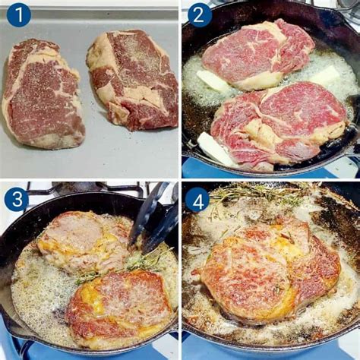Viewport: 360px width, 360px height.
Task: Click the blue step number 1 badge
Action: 18,14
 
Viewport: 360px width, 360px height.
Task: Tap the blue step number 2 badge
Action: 199,14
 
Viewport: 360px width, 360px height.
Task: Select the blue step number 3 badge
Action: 16,199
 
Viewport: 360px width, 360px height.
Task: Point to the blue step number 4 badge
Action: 197,199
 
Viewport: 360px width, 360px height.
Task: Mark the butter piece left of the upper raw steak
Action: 213,81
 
